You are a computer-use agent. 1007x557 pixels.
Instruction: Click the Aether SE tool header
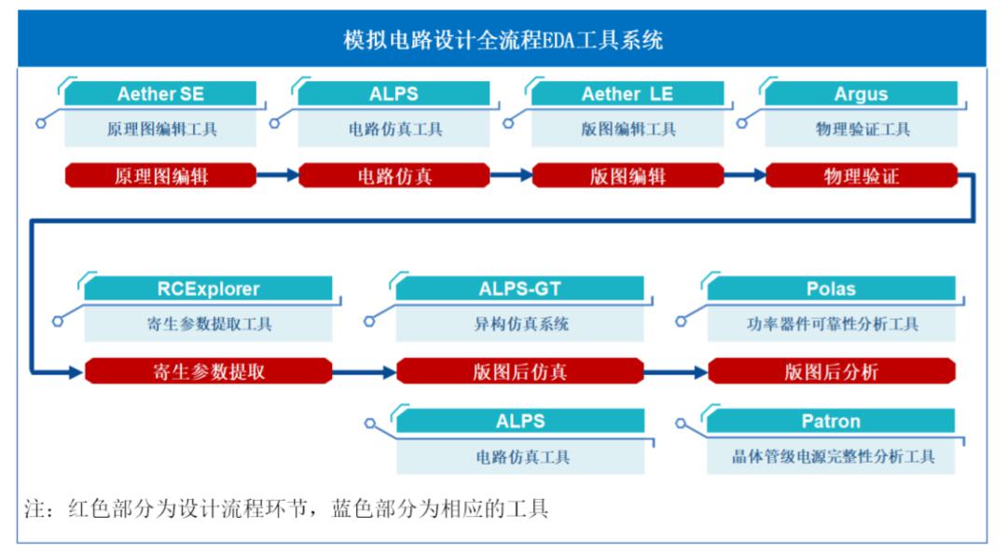pos(160,94)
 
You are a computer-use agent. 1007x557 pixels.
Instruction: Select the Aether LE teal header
pos(628,94)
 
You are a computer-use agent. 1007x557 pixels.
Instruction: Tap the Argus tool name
pos(861,94)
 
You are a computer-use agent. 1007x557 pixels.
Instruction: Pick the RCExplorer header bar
pos(208,288)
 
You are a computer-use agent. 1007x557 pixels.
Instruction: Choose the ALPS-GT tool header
pos(519,288)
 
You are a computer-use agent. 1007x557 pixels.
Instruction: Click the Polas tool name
pos(831,288)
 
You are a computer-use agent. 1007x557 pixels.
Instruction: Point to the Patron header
pos(831,421)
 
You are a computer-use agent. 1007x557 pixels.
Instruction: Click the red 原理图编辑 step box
pos(160,175)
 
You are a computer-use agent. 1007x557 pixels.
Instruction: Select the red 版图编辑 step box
pos(628,175)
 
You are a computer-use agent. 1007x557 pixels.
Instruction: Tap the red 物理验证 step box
pos(862,175)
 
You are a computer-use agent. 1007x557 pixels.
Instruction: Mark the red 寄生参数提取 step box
pos(208,371)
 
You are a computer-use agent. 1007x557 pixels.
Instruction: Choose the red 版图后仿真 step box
pos(519,371)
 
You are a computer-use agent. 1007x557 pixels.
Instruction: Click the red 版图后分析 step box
pos(831,371)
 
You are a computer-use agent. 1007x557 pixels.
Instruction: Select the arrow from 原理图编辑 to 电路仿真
pos(278,174)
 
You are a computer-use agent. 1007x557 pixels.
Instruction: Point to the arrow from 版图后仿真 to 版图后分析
pos(676,371)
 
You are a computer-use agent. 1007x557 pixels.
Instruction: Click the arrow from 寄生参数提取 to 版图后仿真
pos(365,371)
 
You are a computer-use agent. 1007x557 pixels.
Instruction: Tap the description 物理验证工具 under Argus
pos(862,129)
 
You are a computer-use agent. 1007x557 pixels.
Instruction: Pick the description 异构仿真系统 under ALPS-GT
pos(521,324)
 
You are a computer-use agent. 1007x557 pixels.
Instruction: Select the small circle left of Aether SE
pos(41,123)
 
